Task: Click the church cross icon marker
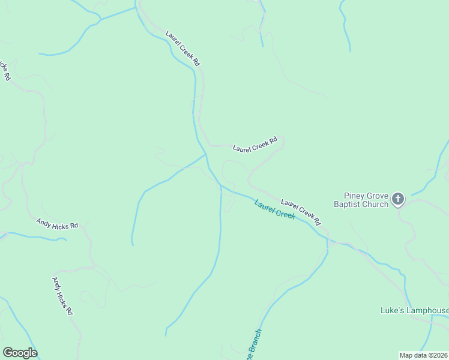pos(398,199)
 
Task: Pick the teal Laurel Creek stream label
pos(274,209)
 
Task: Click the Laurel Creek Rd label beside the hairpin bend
pos(255,145)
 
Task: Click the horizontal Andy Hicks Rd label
pos(57,224)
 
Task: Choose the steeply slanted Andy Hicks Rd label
pos(62,295)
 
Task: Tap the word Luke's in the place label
pos(393,311)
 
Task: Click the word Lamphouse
pos(427,311)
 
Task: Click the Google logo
pos(20,353)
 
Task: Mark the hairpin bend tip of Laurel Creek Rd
pos(283,140)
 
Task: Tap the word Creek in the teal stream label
pos(284,213)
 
